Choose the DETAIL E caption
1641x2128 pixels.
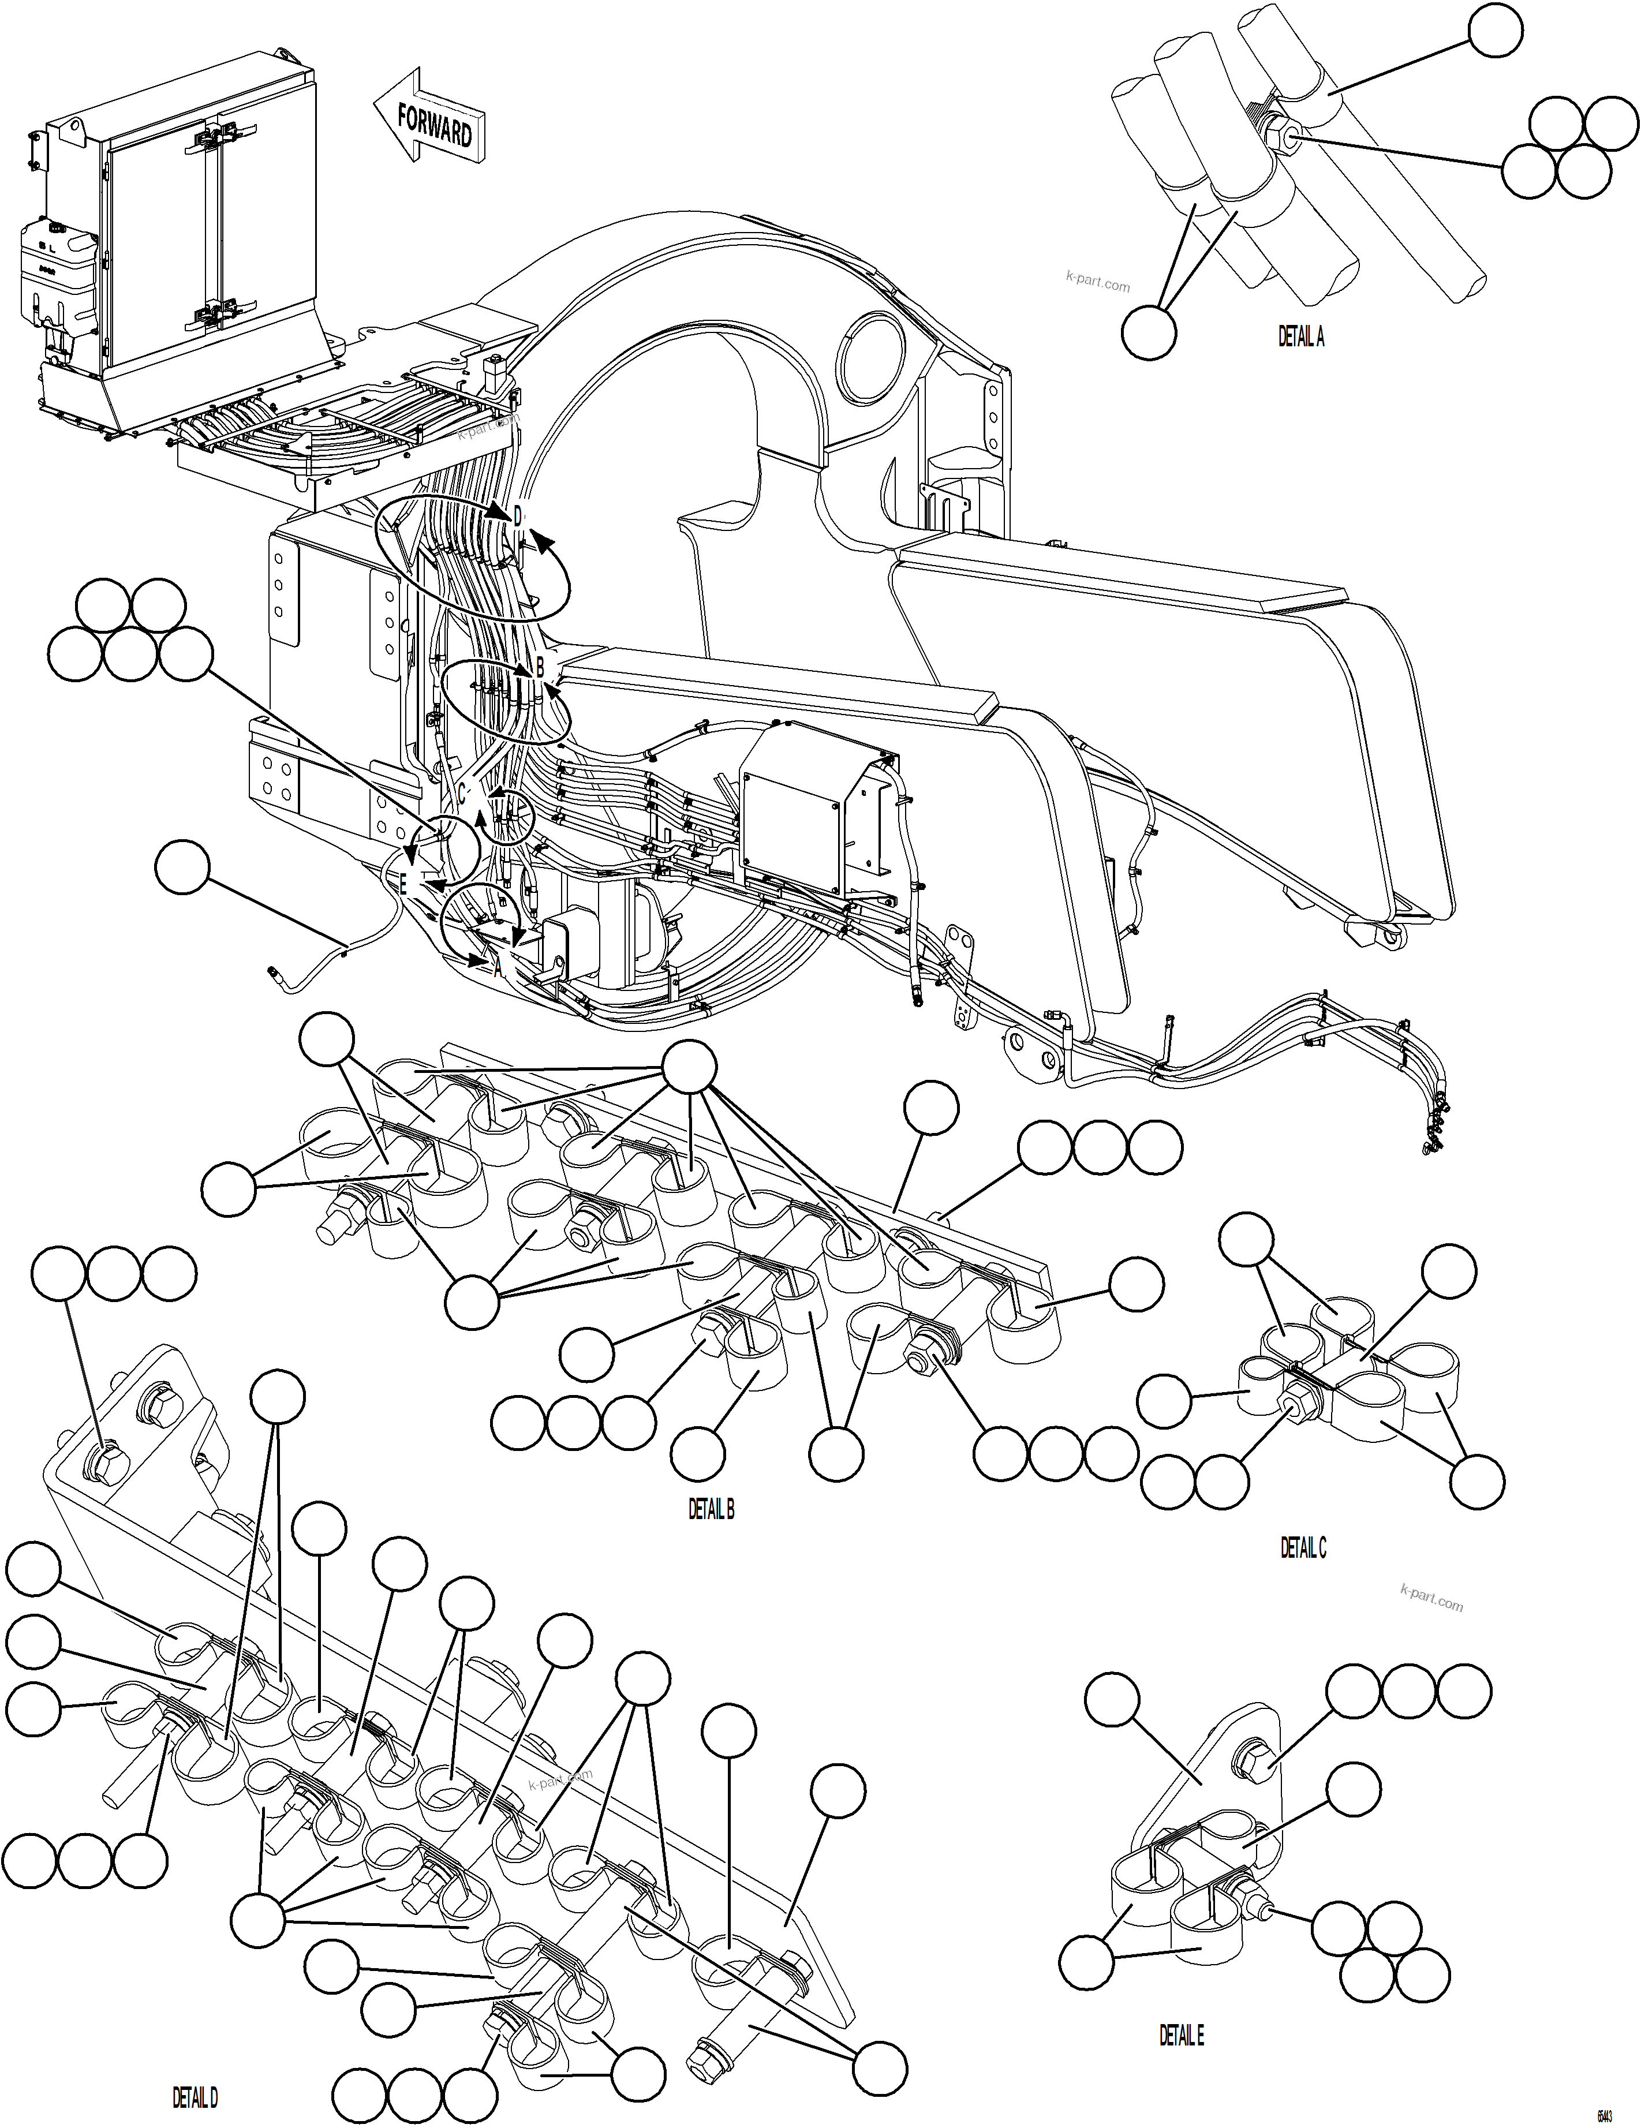1181,2036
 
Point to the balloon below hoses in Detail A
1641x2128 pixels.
1149,332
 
